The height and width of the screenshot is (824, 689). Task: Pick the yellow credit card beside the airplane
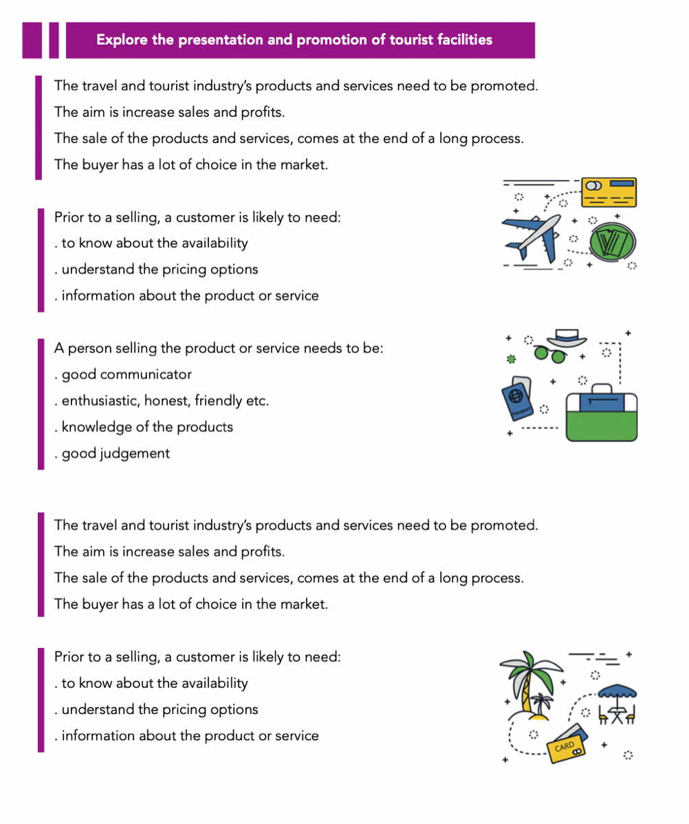point(609,192)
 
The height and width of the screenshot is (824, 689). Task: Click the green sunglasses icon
point(550,355)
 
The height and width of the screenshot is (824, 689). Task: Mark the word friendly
point(222,400)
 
